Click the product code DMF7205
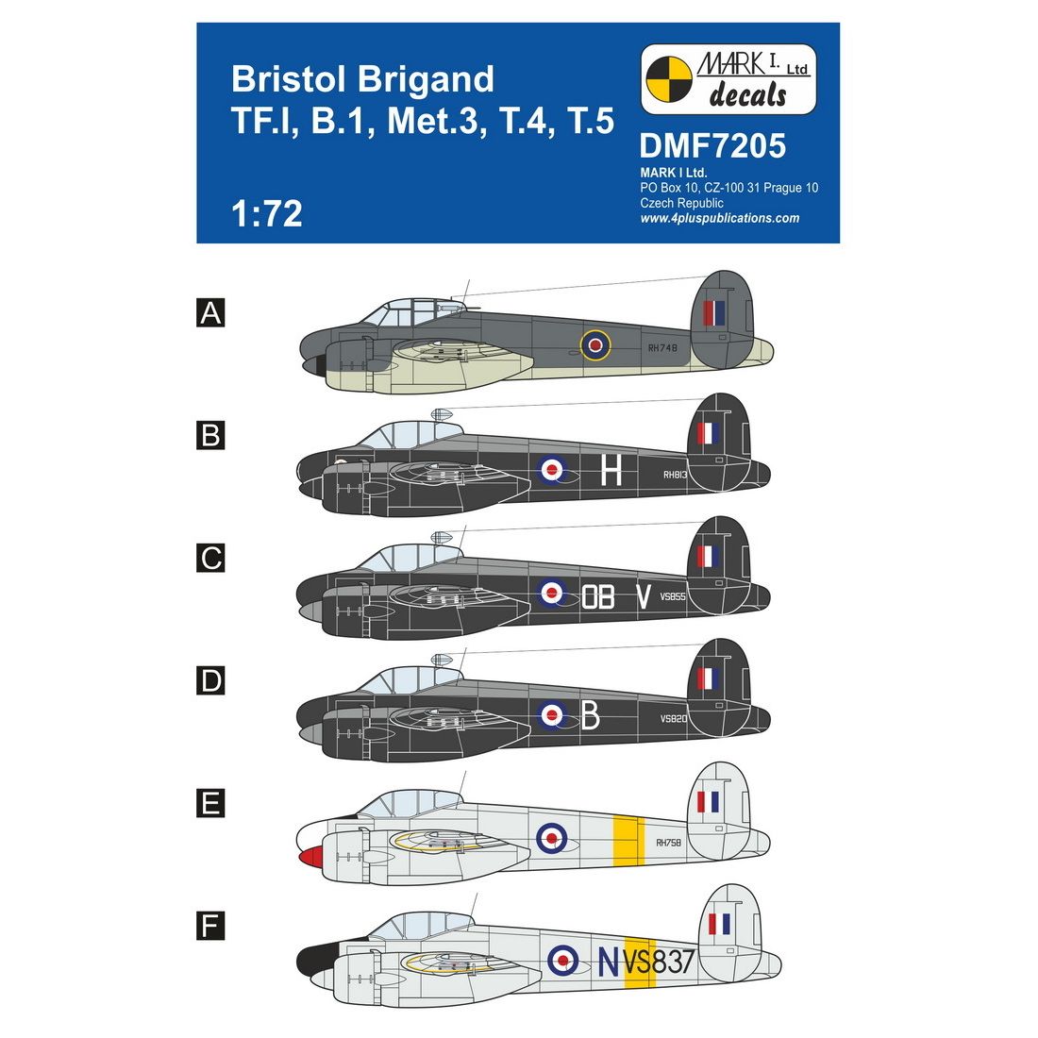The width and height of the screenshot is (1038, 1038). pos(712,145)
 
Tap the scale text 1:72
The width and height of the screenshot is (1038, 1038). pos(267,213)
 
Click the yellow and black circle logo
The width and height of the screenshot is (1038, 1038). pos(669,79)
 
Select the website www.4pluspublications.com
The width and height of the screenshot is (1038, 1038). pos(720,219)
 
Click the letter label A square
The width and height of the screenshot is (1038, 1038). pos(210,312)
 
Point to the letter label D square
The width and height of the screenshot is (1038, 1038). pos(210,680)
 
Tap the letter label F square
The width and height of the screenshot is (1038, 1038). pos(210,926)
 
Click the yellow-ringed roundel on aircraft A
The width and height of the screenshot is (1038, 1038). pos(595,344)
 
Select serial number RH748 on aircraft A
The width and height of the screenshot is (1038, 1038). pos(662,347)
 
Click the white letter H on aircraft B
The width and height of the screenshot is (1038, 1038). pos(611,471)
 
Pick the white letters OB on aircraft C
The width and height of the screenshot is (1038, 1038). pos(597,596)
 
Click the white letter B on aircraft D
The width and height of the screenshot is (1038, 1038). pos(590,715)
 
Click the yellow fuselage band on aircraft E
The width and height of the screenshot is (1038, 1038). pos(628,842)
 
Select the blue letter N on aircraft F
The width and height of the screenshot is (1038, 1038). pos(609,962)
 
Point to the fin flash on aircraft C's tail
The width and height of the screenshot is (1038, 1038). pos(708,557)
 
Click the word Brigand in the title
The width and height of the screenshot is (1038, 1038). pos(427,79)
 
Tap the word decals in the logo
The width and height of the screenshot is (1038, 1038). pos(748,94)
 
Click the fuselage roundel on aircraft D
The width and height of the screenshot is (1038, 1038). pos(551,715)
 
